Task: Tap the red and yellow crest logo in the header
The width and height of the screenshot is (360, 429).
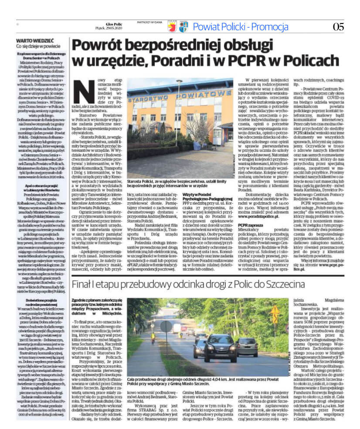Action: pos(172,27)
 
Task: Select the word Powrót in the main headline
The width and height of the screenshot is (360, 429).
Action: pos(95,44)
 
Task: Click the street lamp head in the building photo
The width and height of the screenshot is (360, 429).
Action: pos(179,82)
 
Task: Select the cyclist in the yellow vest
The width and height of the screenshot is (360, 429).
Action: pos(153,336)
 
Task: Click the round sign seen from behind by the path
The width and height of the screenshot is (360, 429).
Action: pos(166,327)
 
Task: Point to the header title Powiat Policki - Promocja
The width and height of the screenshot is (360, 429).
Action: pos(241,26)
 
